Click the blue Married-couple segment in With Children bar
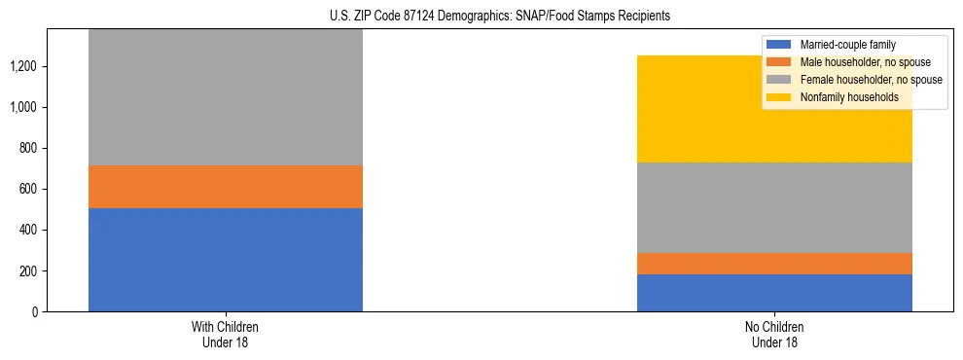click(x=225, y=259)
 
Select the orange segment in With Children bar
click(x=225, y=187)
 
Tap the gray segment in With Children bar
click(x=225, y=97)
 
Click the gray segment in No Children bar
click(x=774, y=207)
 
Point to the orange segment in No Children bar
click(x=774, y=264)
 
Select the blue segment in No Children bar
click(x=774, y=293)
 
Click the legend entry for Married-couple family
click(x=847, y=45)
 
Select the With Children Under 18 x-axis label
click(x=225, y=334)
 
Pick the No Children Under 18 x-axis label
click(x=774, y=334)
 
